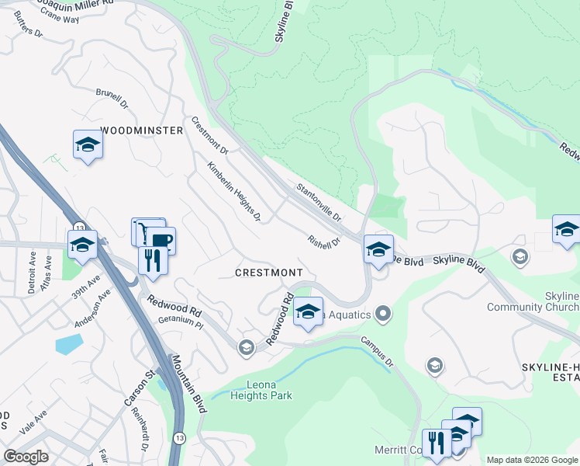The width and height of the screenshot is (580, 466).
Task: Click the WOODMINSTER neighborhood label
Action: [x=142, y=130]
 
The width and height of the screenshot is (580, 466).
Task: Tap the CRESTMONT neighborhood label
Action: [x=269, y=273]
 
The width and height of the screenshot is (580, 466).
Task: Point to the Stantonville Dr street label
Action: [x=319, y=202]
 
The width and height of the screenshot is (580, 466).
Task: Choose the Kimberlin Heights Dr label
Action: [x=233, y=191]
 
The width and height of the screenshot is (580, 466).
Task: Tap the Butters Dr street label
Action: [x=27, y=26]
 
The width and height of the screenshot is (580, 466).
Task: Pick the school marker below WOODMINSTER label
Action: [x=88, y=145]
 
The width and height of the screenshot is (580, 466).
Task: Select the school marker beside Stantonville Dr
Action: [x=378, y=250]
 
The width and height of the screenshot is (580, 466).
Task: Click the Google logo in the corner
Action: [x=26, y=457]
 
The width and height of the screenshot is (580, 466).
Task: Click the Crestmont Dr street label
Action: [x=210, y=134]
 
